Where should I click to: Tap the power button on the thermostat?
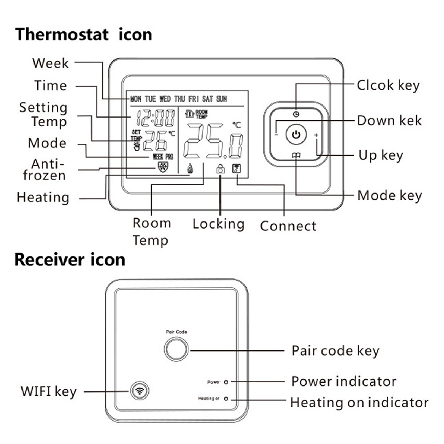click(x=296, y=134)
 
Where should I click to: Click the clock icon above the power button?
click(x=296, y=114)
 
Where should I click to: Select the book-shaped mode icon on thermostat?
click(x=296, y=155)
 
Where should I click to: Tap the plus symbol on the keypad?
click(x=317, y=135)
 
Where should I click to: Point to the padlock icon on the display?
click(x=220, y=169)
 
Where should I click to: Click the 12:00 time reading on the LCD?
click(x=155, y=118)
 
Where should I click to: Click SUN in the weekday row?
click(x=221, y=99)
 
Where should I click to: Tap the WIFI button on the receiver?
click(x=139, y=391)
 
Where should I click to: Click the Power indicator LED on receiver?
click(x=226, y=382)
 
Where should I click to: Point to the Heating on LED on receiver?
click(x=226, y=399)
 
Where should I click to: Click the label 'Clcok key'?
click(x=388, y=85)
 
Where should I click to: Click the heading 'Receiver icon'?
click(x=70, y=260)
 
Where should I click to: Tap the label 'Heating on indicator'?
click(x=359, y=403)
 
